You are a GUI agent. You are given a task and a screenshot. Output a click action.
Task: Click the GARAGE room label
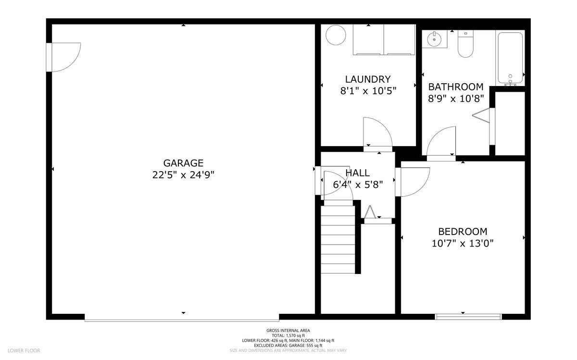[183, 163]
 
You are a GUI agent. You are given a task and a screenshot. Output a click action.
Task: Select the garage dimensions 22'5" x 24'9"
[183, 175]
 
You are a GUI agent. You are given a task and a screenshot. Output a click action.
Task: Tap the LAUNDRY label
[368, 79]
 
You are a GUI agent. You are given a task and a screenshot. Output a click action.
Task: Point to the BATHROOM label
[456, 87]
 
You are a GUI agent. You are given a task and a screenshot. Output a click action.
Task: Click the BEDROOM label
[463, 231]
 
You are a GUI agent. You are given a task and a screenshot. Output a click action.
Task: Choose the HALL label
[358, 173]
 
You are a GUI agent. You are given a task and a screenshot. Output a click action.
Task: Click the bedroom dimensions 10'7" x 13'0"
[463, 243]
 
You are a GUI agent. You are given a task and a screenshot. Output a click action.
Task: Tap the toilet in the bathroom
[465, 44]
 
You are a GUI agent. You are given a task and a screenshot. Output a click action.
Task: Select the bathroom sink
[435, 39]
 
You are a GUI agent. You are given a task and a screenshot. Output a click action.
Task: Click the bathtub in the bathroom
[510, 58]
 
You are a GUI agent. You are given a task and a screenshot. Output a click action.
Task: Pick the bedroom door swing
[414, 181]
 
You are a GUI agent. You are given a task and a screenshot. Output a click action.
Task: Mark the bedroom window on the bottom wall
[468, 316]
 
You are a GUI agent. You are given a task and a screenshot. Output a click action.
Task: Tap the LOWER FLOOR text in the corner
[24, 350]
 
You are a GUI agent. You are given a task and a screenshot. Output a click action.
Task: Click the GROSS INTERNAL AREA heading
[288, 330]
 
